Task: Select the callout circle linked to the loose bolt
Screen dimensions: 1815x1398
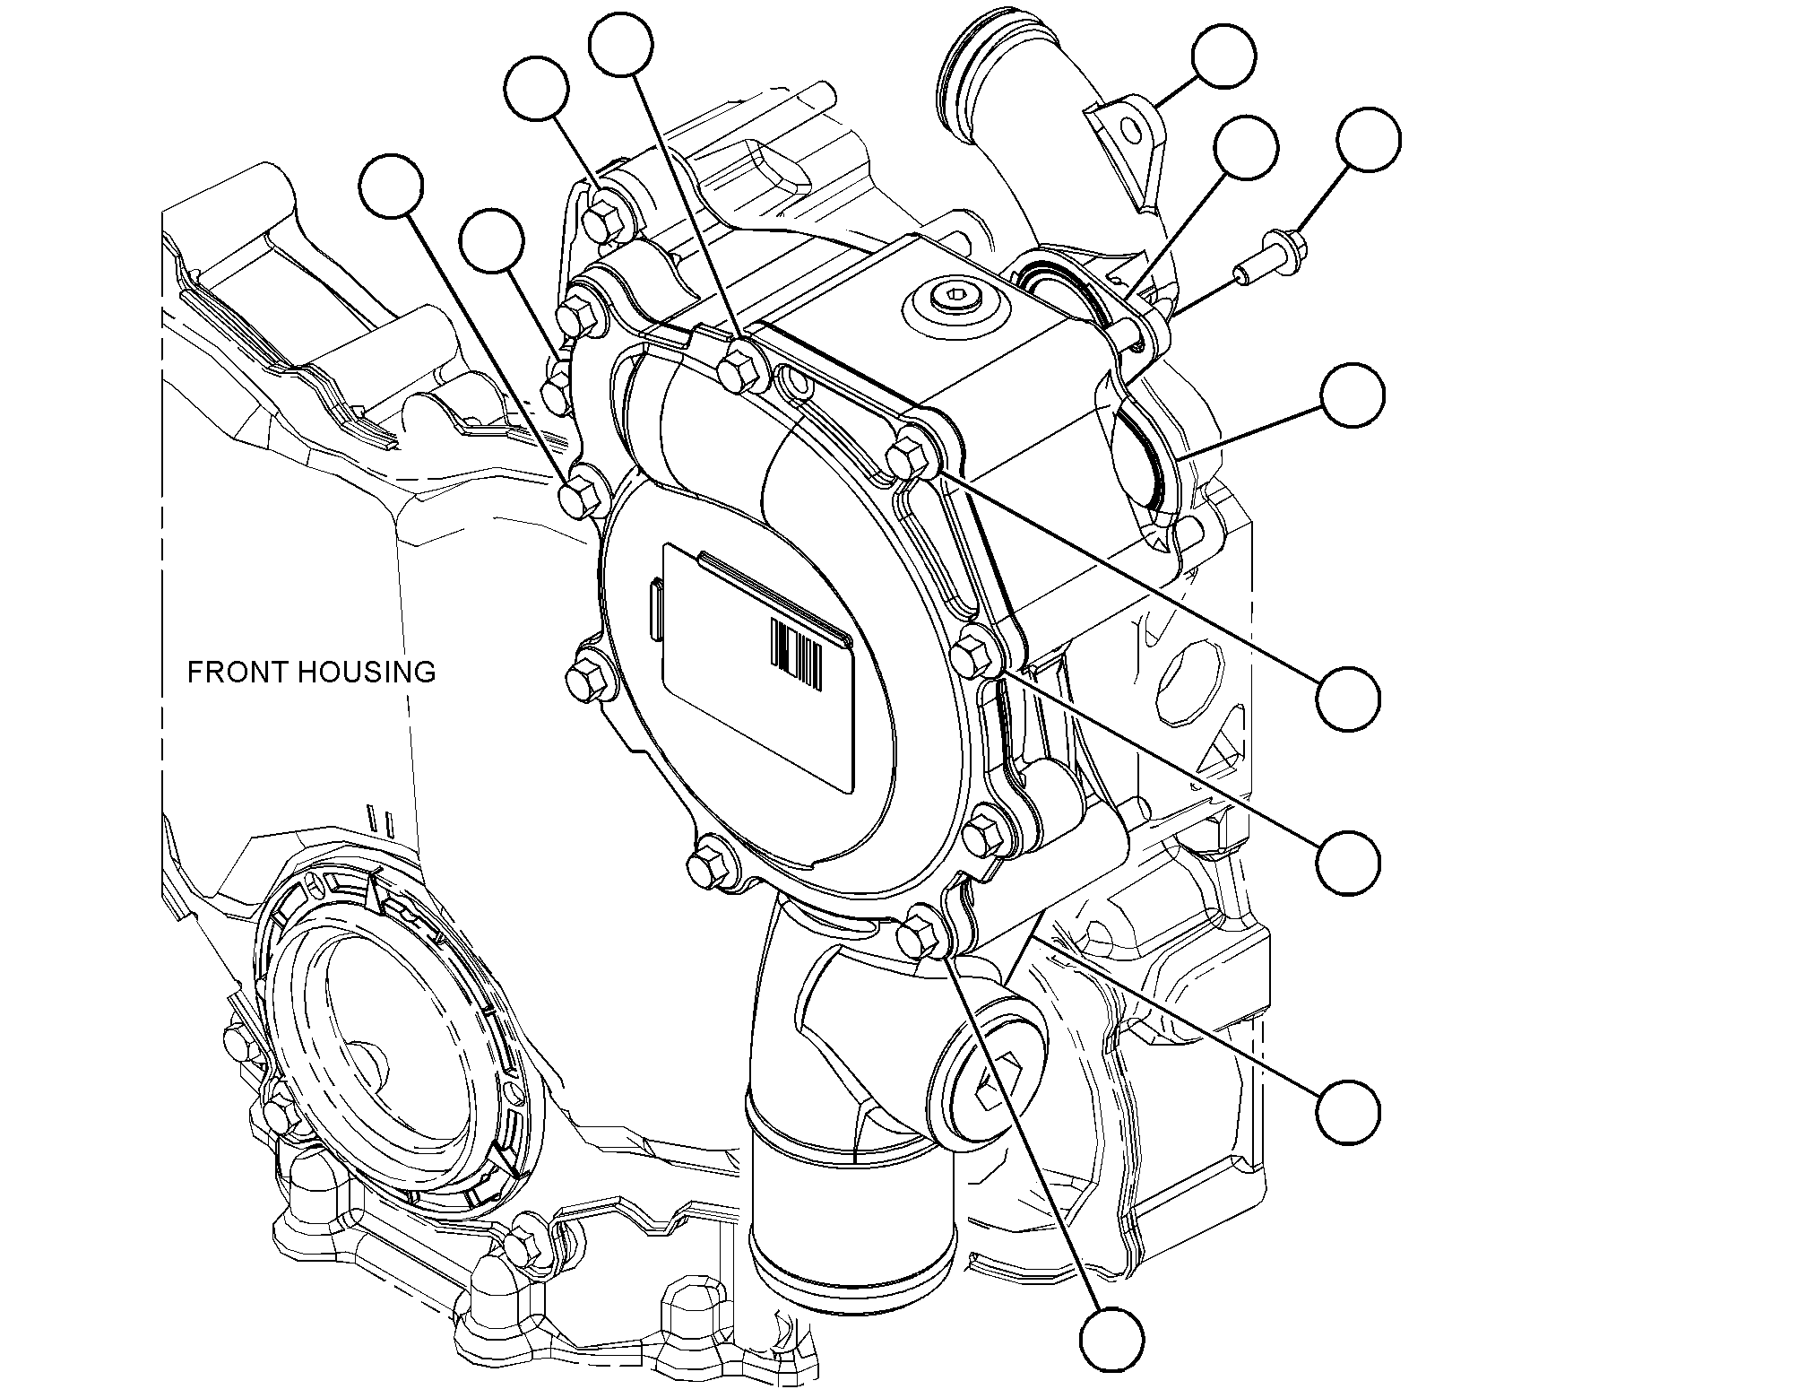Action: pos(1368,141)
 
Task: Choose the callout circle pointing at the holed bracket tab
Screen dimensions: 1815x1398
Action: pos(1223,56)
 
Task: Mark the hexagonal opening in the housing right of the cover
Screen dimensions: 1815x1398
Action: pos(1188,682)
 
